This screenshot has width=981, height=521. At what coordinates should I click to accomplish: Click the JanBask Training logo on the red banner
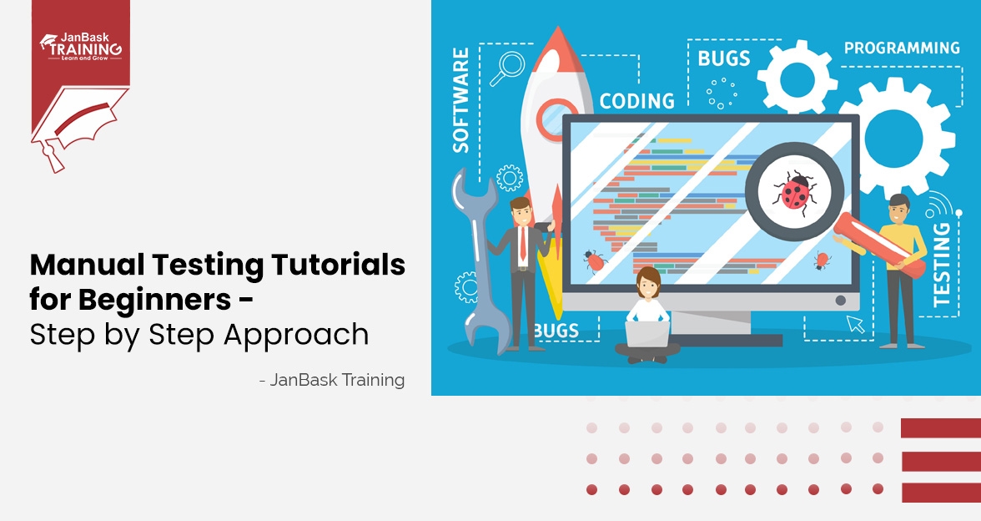82,47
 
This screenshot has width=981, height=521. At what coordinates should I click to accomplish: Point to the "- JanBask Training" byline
332,379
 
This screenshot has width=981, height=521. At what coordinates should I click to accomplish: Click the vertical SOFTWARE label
460,100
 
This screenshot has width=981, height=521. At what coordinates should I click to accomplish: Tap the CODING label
637,101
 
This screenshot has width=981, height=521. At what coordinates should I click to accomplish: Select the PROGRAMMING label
902,48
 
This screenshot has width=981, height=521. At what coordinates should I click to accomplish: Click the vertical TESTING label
942,265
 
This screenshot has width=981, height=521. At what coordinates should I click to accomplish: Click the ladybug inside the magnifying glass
794,192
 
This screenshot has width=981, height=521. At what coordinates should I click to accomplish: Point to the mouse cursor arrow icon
854,324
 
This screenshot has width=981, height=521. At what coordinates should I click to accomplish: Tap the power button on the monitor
841,301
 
